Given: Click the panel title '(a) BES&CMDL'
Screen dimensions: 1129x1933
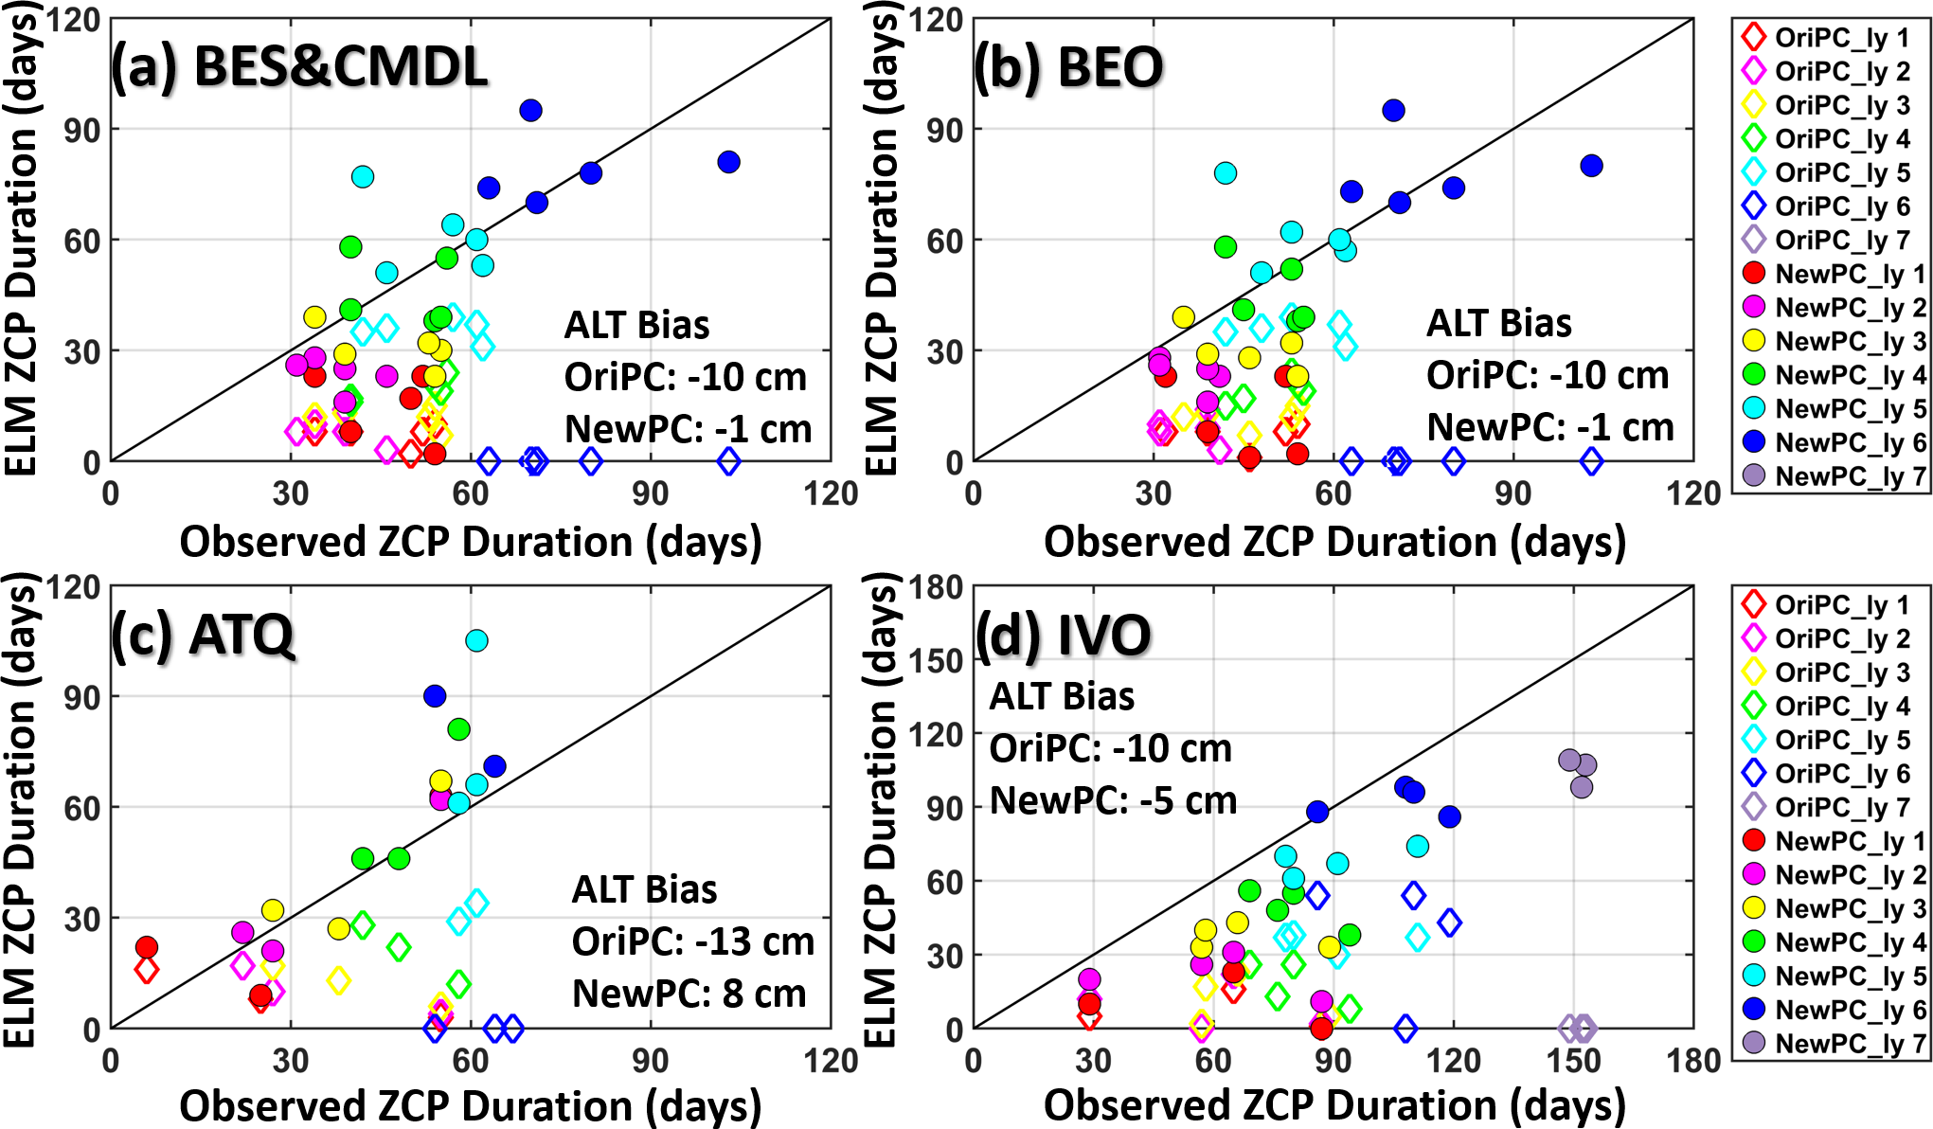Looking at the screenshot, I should coord(299,67).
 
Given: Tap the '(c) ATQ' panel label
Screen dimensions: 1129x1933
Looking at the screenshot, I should coord(203,635).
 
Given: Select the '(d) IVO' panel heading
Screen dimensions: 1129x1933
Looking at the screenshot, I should coord(1063,635).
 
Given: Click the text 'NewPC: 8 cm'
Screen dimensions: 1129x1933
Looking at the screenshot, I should coord(689,994).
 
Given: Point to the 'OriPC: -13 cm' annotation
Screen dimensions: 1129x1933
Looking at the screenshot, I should coord(692,941).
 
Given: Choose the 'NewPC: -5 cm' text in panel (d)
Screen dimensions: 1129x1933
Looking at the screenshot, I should coord(1113,800).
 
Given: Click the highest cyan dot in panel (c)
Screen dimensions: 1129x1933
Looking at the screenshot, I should coord(476,640).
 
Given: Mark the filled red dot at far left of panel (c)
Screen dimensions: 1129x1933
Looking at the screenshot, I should coord(146,947).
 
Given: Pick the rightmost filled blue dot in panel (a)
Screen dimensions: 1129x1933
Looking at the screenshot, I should coord(728,162).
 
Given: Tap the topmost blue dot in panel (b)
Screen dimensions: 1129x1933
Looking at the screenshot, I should coord(1393,111).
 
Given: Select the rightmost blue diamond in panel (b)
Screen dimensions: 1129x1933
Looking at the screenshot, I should coord(1592,462).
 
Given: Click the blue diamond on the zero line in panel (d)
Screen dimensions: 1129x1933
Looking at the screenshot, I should coord(1405,1028).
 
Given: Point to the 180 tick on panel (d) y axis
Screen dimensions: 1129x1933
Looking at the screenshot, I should coord(936,587).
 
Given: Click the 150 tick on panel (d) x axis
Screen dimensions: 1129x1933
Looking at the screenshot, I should coord(1573,1060).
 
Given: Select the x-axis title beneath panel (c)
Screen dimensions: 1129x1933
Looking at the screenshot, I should coord(471,1105).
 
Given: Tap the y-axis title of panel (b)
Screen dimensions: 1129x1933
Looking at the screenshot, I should coord(881,237).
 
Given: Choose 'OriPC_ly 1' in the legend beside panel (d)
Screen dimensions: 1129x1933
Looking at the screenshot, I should coord(1841,604).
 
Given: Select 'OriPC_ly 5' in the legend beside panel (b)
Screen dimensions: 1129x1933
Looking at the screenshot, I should coord(1841,172).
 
